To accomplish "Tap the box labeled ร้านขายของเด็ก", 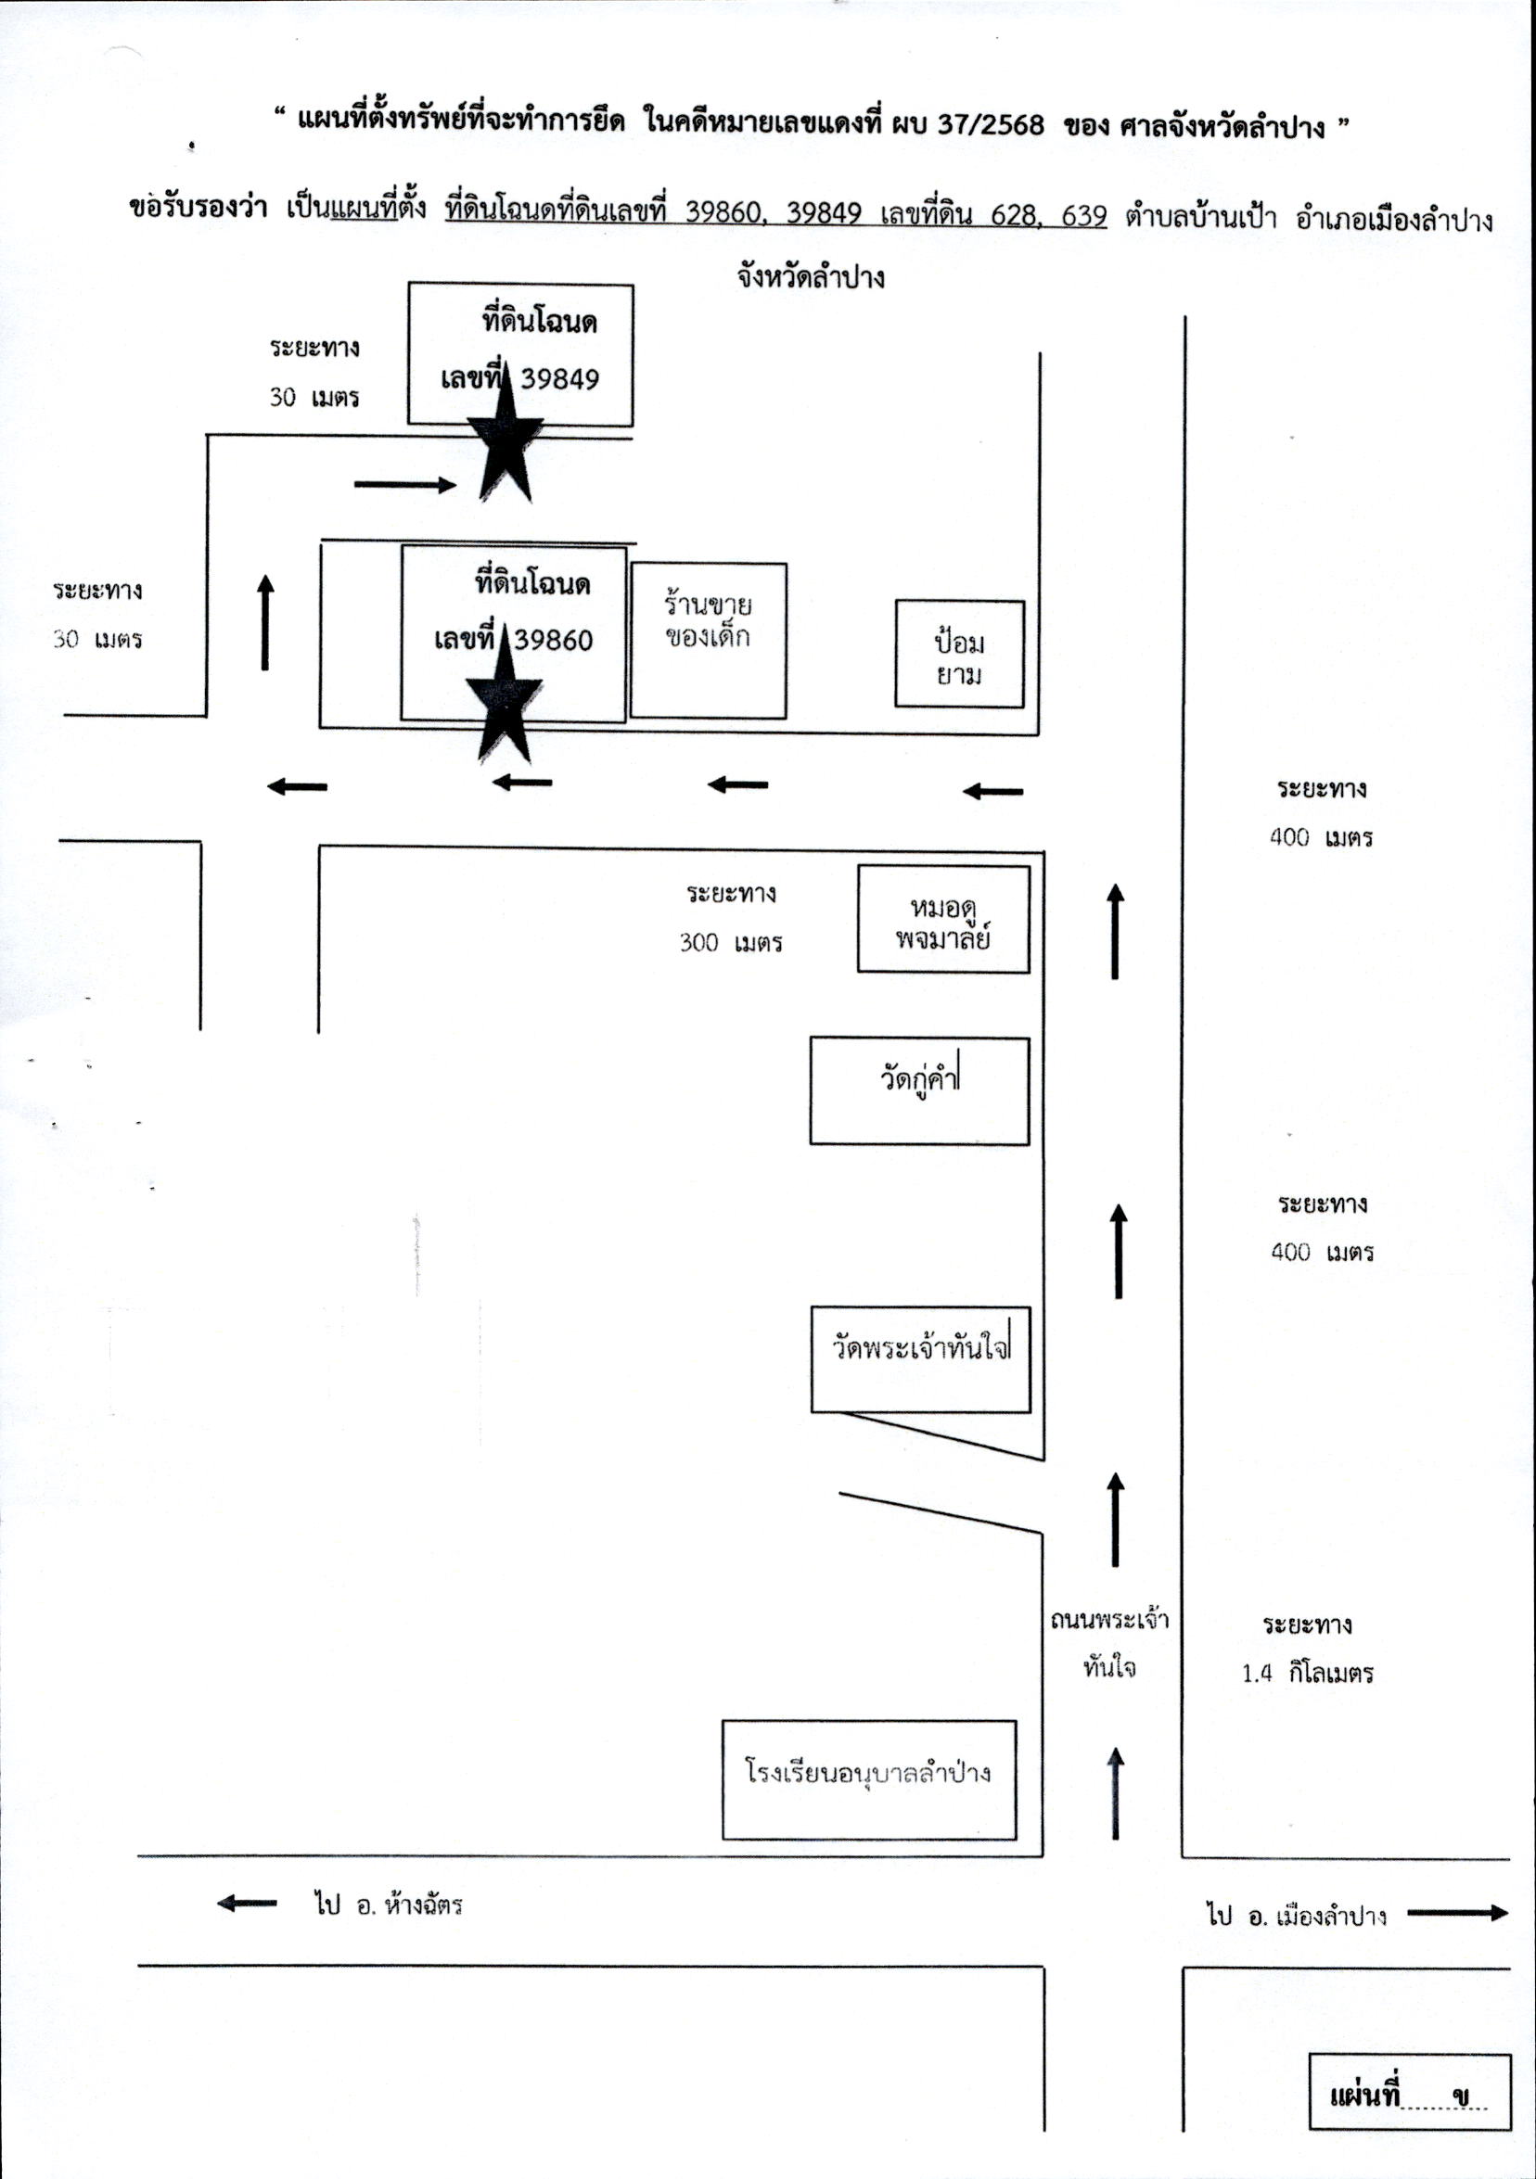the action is pos(709,641).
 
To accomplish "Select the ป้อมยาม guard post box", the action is pos(960,654).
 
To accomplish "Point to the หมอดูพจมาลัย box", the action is pos(943,919).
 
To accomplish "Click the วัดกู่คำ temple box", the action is pos(919,1090).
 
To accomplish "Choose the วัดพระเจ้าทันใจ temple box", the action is pos(921,1359).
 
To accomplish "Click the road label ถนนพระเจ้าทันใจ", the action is pos(1108,1643).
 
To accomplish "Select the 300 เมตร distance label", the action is pos(731,942).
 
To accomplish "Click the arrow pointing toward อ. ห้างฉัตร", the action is pos(247,1903).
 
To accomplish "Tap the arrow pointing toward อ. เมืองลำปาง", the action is pos(1457,1913).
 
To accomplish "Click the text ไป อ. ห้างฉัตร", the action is pos(389,1904).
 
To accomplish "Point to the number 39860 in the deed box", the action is pos(554,641).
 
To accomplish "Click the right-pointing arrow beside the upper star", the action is pos(405,485).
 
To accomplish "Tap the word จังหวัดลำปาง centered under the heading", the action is pos(811,278).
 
